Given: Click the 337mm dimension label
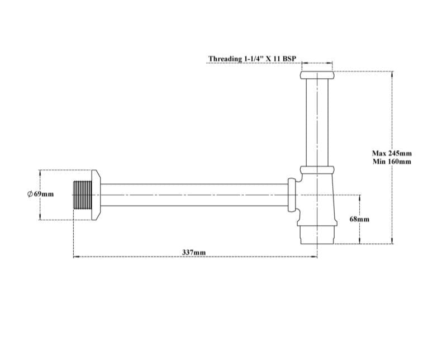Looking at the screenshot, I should pos(194,253).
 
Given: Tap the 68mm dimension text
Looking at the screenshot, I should pos(359,219).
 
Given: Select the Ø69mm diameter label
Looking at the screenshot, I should pos(40,194).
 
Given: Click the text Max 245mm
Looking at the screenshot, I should pos(392,153).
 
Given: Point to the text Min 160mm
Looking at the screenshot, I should pos(392,162).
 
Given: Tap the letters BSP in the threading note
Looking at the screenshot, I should pos(288,58).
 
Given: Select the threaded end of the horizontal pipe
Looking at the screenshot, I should pos(82,194).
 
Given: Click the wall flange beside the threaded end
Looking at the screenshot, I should pos(96,194).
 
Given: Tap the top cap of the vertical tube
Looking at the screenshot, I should pos(317,75).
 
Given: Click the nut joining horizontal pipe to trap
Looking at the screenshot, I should pos(292,194).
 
